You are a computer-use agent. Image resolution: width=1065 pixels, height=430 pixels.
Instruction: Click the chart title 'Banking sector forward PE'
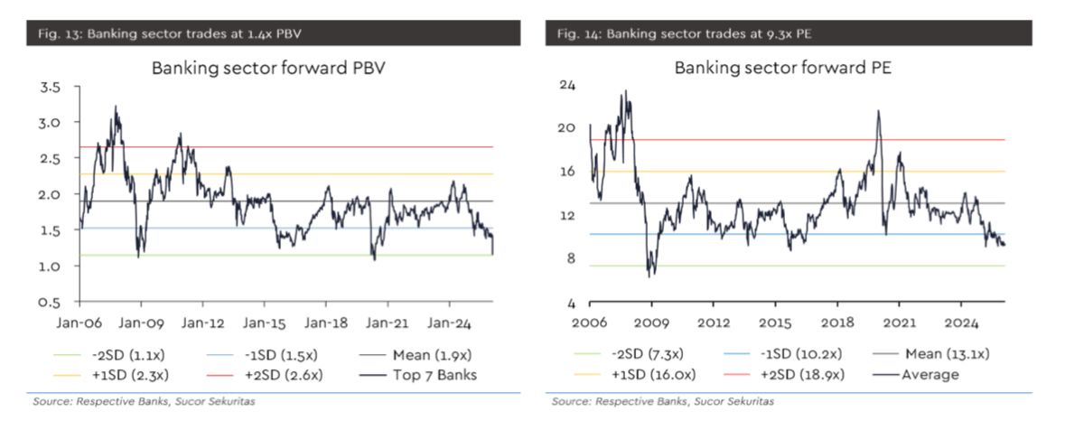[783, 68]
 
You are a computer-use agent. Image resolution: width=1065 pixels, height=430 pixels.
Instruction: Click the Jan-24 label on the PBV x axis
[449, 322]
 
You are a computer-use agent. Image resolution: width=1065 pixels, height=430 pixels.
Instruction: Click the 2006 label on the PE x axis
[590, 322]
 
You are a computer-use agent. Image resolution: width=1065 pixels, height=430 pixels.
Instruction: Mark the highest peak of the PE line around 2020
[878, 111]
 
